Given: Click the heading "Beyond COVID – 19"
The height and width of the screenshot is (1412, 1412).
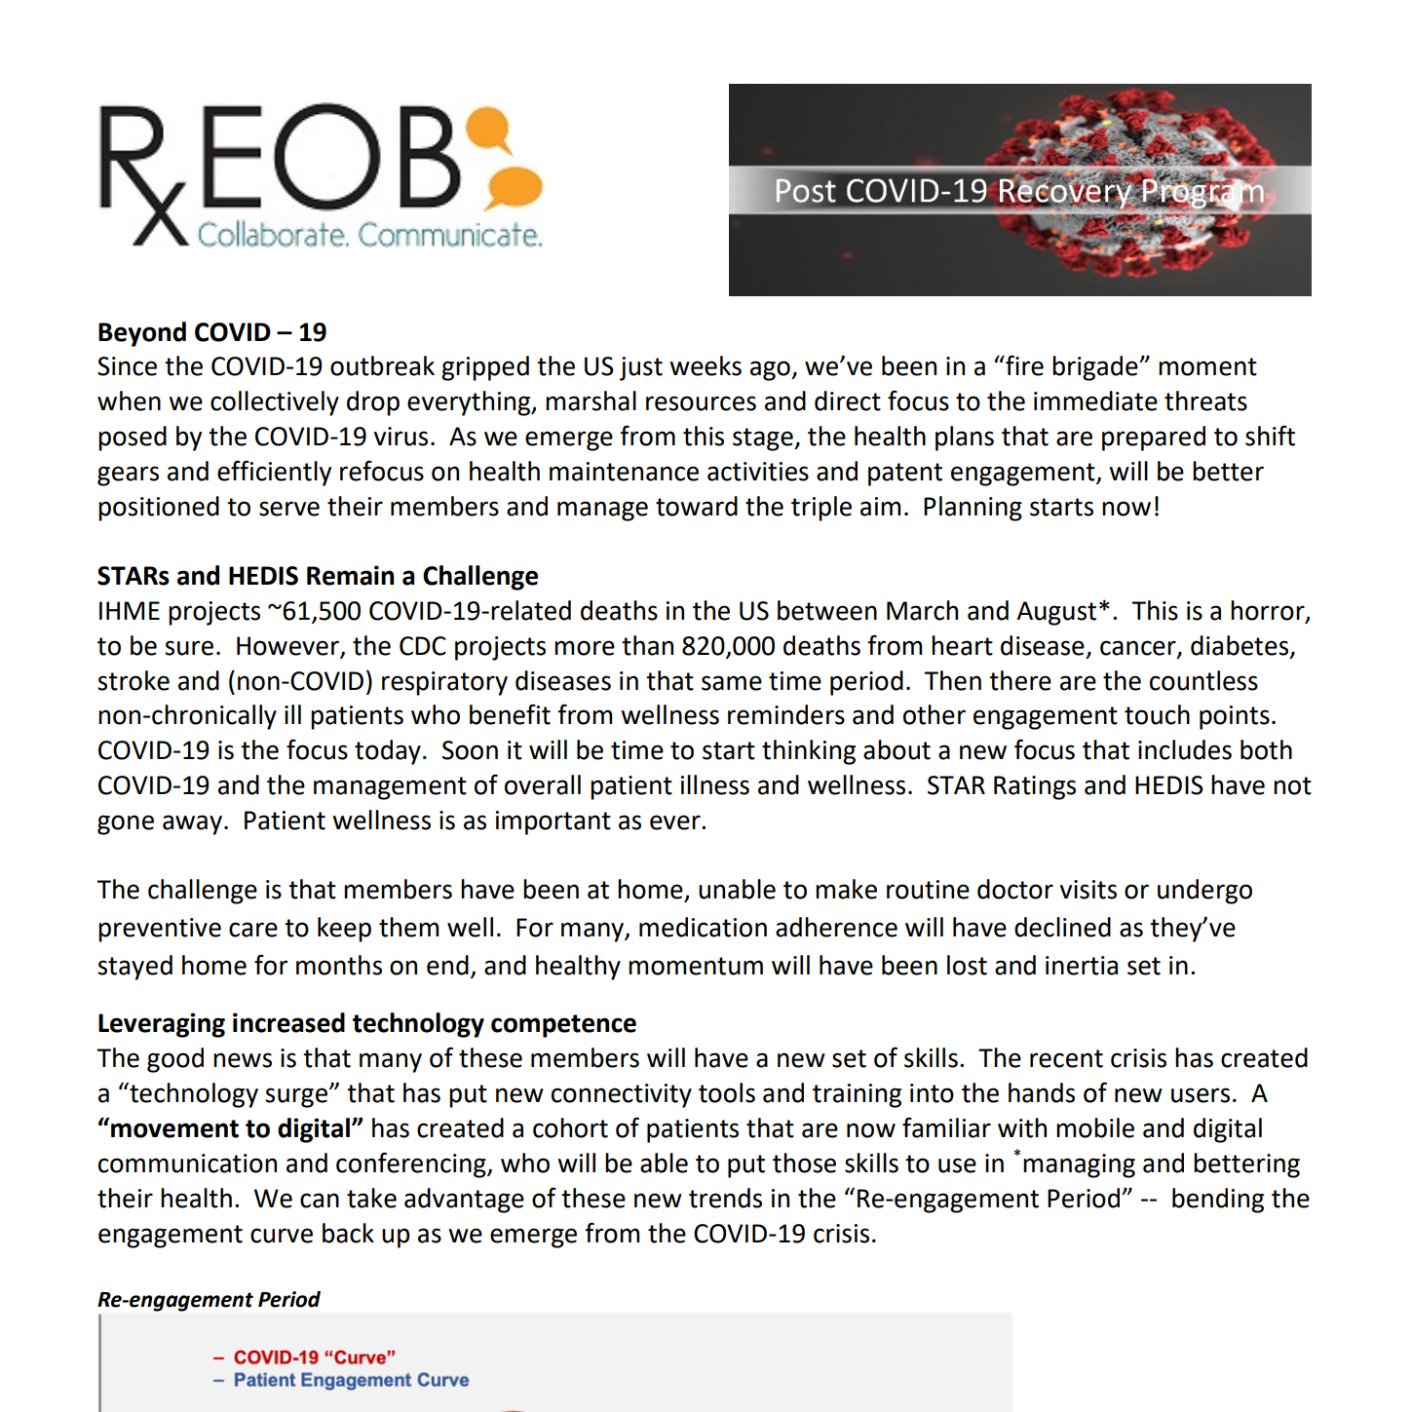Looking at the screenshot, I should pos(211,332).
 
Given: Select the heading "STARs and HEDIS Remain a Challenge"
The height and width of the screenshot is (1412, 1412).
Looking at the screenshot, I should pos(317,576).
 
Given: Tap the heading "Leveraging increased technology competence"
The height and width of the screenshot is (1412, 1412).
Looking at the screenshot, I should pos(366,1023).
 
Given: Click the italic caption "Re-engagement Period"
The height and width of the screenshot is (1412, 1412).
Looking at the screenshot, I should pos(209,1299).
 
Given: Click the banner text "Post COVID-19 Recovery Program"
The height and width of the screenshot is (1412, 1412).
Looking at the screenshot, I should pos(1018,191).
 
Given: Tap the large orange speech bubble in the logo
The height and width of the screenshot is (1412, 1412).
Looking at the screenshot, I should pos(514,187).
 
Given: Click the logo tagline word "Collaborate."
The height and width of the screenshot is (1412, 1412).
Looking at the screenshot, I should pos(273,235).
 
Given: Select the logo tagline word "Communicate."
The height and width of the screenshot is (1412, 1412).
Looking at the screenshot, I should pos(449,235).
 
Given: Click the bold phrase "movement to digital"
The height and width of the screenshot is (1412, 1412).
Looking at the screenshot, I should pos(231,1128).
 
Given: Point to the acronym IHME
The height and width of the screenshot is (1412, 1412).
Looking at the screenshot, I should pos(130,611).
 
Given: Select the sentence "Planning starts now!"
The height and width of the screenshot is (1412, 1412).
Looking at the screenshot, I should pos(1041,507).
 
